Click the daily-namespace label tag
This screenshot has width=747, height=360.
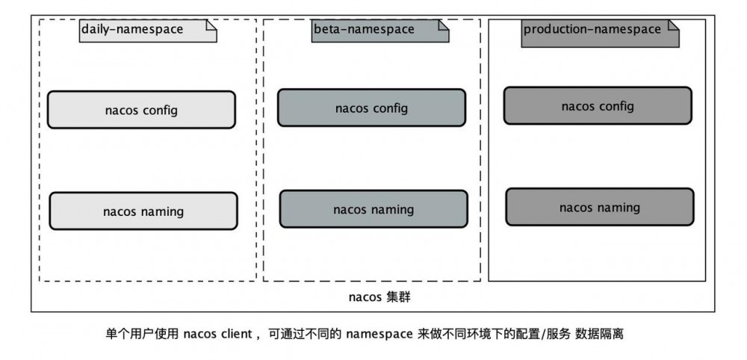pos(148,31)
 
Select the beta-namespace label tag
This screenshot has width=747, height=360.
pos(379,31)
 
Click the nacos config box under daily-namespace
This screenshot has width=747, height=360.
pos(141,110)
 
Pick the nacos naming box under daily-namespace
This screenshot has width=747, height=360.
pos(143,211)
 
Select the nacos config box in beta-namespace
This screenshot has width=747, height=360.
pos(371,108)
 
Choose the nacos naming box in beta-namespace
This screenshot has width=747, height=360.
pos(373,209)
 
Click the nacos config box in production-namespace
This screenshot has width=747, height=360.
pos(597,106)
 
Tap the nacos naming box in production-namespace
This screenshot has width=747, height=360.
pos(599,207)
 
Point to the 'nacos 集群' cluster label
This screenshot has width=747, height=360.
pos(379,297)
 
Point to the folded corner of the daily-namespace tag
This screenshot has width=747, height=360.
pos(211,25)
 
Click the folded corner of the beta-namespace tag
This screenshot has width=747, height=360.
pos(443,25)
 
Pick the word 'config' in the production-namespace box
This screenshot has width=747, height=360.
pos(615,106)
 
